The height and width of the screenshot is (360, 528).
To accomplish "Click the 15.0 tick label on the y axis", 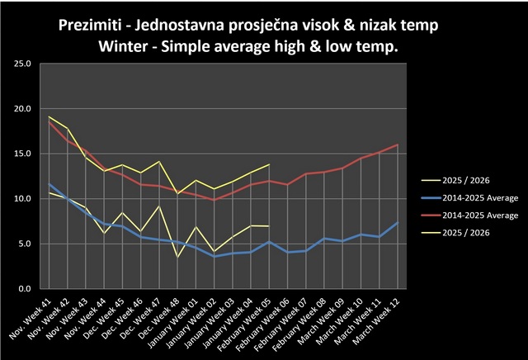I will point(22,154).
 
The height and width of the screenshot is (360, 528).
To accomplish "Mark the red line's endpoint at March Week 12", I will point(398,145).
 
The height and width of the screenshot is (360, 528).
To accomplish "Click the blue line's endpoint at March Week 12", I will point(398,222).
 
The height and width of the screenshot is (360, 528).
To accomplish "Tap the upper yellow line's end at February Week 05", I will point(269,164).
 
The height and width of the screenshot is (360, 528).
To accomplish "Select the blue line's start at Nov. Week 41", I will point(49,184).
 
